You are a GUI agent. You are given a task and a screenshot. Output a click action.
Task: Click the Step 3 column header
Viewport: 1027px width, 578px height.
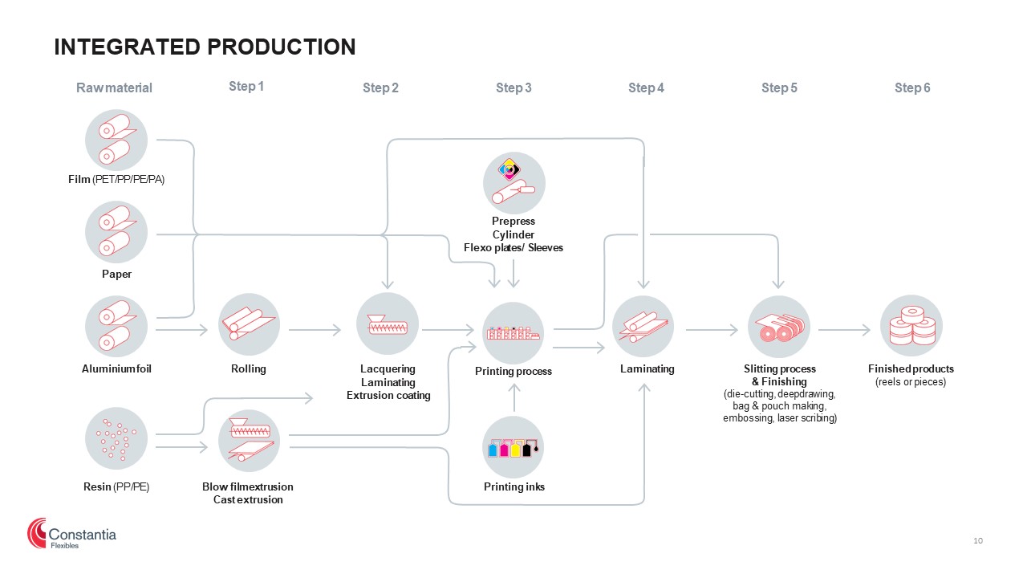click(513, 88)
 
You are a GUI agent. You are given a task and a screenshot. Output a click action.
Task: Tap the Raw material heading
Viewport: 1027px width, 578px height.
click(114, 88)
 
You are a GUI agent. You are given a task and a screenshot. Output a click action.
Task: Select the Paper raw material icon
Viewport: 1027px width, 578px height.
click(116, 232)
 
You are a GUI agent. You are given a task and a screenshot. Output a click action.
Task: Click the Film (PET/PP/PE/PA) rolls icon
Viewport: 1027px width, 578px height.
click(116, 140)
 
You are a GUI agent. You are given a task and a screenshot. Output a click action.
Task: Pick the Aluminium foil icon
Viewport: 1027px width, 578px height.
click(116, 326)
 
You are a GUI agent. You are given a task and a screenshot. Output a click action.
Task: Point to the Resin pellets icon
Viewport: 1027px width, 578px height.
click(116, 438)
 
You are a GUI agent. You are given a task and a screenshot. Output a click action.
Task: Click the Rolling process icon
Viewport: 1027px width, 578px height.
click(249, 324)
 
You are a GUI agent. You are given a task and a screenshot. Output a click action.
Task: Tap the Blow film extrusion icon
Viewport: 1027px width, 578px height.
click(249, 441)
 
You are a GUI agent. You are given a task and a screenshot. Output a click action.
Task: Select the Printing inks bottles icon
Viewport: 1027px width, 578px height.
click(513, 447)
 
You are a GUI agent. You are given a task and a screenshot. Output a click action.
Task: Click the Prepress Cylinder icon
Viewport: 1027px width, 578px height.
click(514, 183)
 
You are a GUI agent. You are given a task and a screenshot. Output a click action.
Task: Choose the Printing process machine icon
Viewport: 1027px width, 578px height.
click(513, 333)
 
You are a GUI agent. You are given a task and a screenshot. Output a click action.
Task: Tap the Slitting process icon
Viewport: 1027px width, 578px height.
click(779, 327)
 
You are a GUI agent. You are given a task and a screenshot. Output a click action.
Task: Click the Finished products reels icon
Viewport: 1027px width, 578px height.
click(911, 326)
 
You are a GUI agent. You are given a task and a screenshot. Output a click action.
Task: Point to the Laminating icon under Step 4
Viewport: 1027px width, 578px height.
click(643, 326)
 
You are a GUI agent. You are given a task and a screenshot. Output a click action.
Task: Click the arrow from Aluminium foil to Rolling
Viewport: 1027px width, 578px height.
click(182, 330)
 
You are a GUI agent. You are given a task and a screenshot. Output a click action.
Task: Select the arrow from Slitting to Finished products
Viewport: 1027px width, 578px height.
click(845, 330)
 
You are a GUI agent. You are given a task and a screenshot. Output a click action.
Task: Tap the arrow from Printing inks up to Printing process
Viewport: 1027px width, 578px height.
click(514, 397)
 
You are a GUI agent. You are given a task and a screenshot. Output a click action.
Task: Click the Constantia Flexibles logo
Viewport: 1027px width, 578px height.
click(71, 534)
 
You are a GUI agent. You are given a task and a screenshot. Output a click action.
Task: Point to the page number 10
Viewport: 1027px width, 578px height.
click(978, 541)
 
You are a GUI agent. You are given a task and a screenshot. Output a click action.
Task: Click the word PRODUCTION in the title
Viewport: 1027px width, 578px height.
click(281, 47)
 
